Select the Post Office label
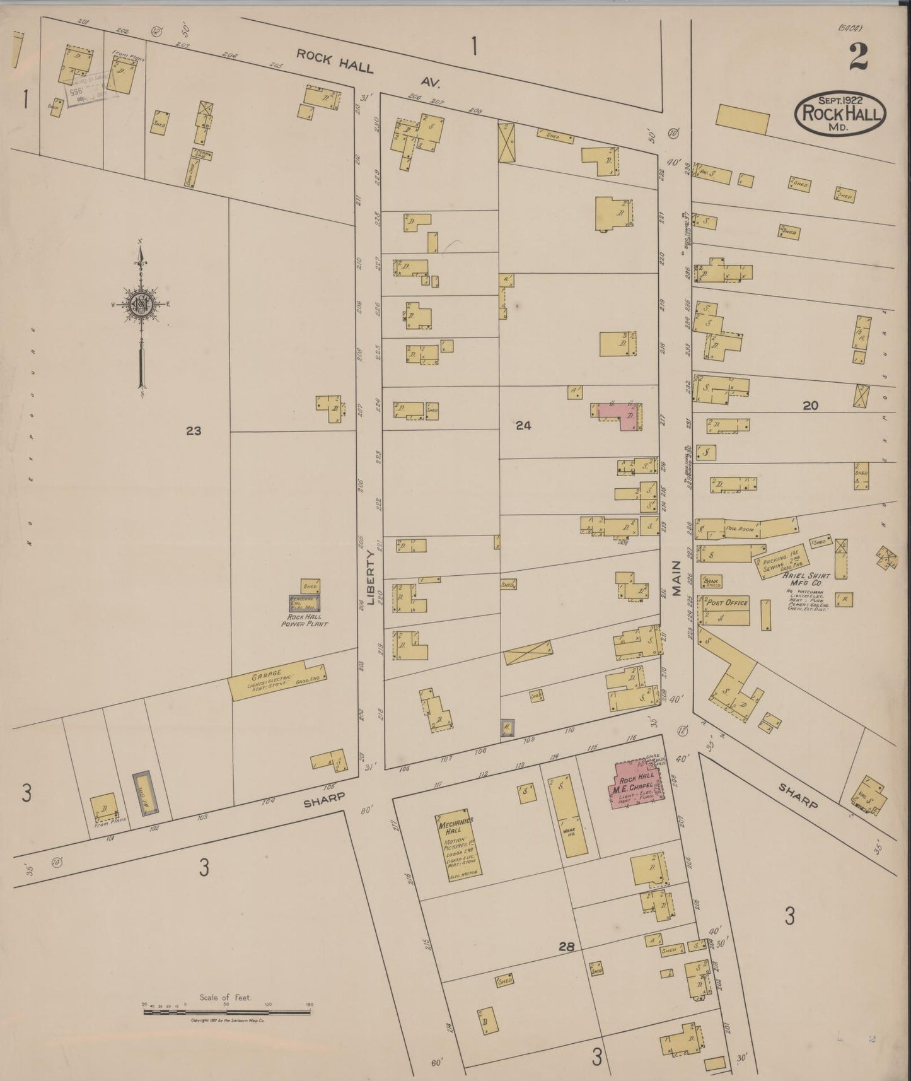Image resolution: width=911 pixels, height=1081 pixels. [727, 603]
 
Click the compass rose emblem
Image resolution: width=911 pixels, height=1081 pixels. [140, 305]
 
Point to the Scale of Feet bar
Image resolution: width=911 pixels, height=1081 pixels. [227, 1012]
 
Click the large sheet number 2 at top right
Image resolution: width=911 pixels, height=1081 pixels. [858, 57]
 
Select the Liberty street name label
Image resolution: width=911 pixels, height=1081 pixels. [371, 577]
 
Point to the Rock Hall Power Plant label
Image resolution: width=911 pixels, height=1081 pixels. [305, 620]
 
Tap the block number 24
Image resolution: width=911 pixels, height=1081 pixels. [523, 426]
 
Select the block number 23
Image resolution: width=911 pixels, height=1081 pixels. [193, 431]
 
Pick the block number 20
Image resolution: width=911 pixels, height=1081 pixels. [810, 406]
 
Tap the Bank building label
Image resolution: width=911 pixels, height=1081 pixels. [713, 581]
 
